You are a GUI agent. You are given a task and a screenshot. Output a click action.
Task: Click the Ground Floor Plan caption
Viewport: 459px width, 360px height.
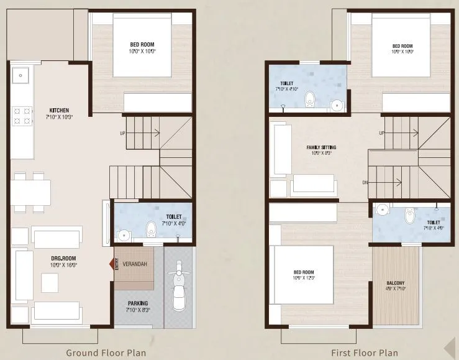106,353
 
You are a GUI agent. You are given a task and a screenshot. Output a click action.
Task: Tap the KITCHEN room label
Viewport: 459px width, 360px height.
57,110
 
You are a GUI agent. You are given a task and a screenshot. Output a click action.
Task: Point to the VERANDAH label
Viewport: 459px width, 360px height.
135,264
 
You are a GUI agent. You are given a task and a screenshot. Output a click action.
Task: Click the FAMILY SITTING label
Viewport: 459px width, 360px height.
321,147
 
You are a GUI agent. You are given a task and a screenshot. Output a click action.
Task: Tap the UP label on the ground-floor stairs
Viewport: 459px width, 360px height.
123,133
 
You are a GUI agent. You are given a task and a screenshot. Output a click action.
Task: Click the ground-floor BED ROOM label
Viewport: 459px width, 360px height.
142,44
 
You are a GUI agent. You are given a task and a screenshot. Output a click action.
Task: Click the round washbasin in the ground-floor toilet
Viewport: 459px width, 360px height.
124,235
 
